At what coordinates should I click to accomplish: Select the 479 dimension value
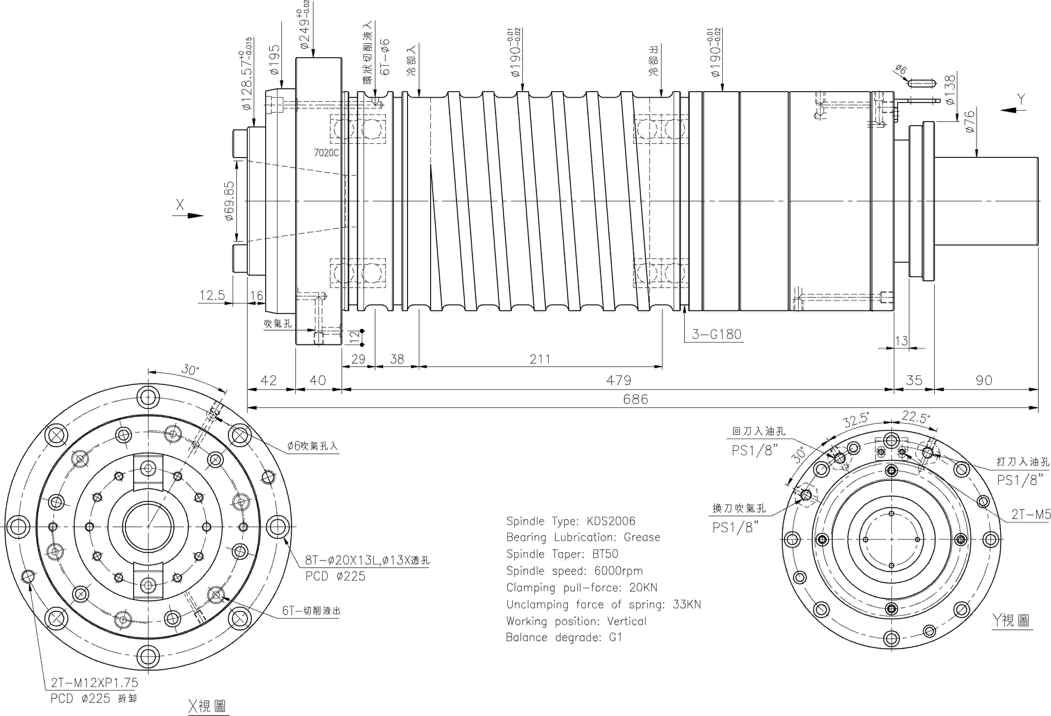(x=619, y=380)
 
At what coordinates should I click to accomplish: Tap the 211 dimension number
(x=540, y=359)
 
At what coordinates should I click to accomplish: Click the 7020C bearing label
(x=326, y=153)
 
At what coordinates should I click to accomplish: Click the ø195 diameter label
(x=274, y=59)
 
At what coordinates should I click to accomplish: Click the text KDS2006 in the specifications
(x=611, y=521)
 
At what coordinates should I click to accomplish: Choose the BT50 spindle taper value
(x=605, y=554)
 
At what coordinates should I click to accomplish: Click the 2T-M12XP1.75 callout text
(x=94, y=682)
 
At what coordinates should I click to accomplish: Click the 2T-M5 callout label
(x=1031, y=514)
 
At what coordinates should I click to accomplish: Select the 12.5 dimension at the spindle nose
(x=212, y=295)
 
